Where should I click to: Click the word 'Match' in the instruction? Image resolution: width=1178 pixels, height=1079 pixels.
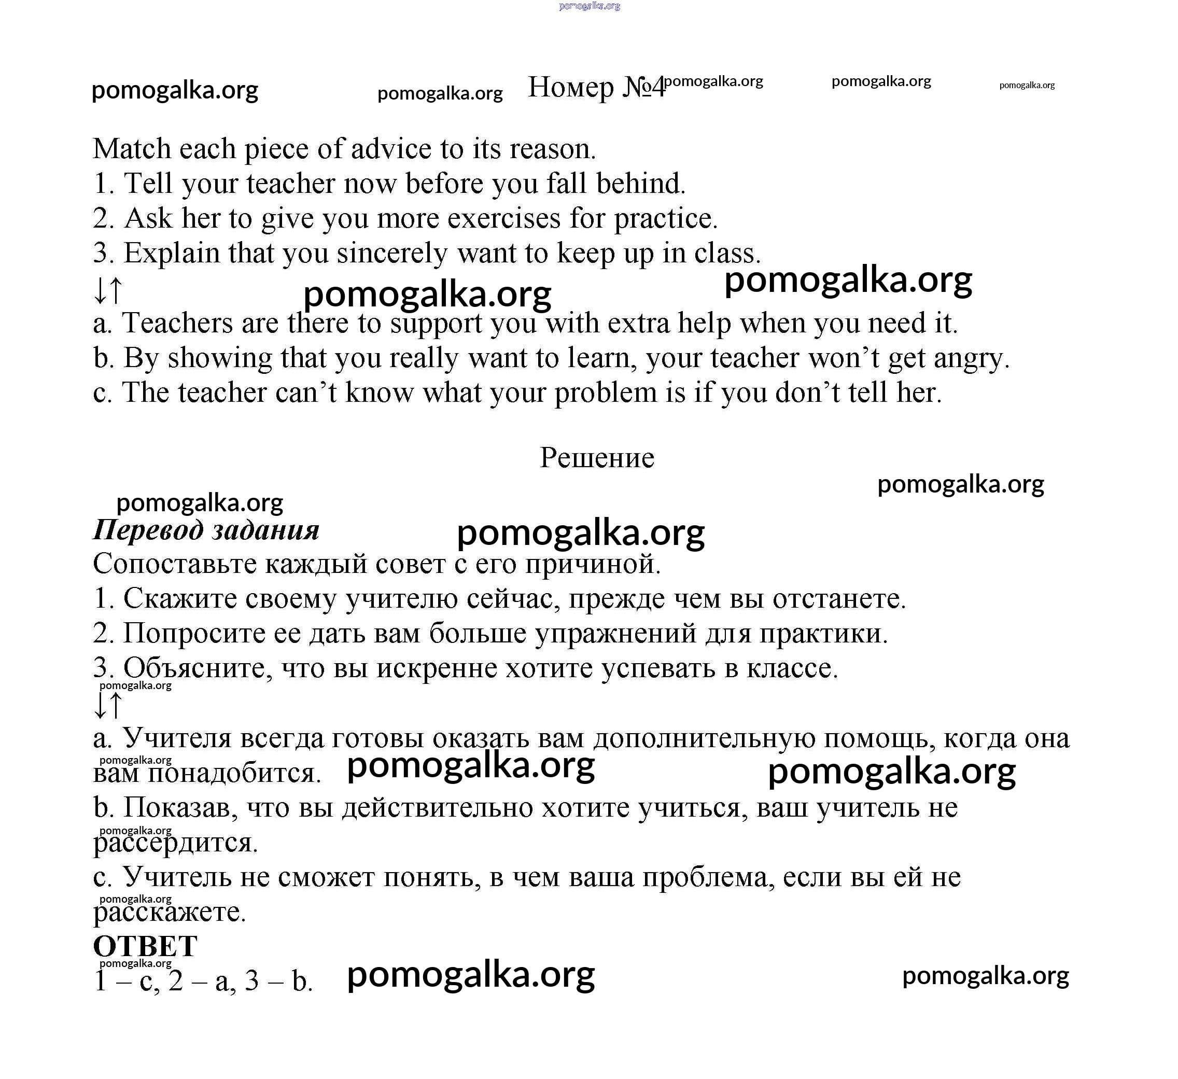(132, 149)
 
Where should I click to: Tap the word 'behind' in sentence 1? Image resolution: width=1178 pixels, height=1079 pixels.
(639, 184)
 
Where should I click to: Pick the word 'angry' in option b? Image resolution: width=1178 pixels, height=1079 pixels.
(970, 359)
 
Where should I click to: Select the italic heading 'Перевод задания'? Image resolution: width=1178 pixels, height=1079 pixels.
(206, 530)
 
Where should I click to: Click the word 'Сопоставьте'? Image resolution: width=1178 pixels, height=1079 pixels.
(175, 564)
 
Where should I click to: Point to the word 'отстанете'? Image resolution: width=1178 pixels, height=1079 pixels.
(838, 599)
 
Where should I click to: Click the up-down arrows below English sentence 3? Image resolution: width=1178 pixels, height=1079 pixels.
(108, 290)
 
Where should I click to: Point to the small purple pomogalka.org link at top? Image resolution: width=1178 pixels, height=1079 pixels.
(589, 6)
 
